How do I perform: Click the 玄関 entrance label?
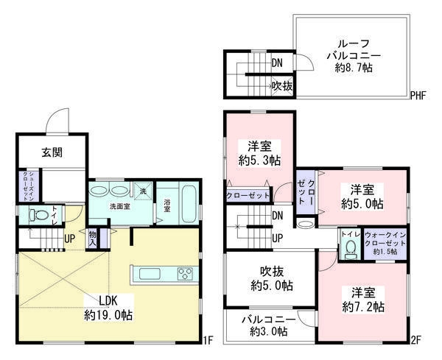(x=52, y=152)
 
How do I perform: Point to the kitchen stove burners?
(x=184, y=275)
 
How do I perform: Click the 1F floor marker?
(x=208, y=341)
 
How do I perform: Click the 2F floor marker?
(x=415, y=341)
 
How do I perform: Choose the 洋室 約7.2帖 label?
(x=363, y=298)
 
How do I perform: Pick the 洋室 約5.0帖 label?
(x=363, y=196)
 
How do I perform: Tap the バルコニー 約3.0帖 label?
(x=267, y=325)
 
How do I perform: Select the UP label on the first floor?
(x=69, y=239)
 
